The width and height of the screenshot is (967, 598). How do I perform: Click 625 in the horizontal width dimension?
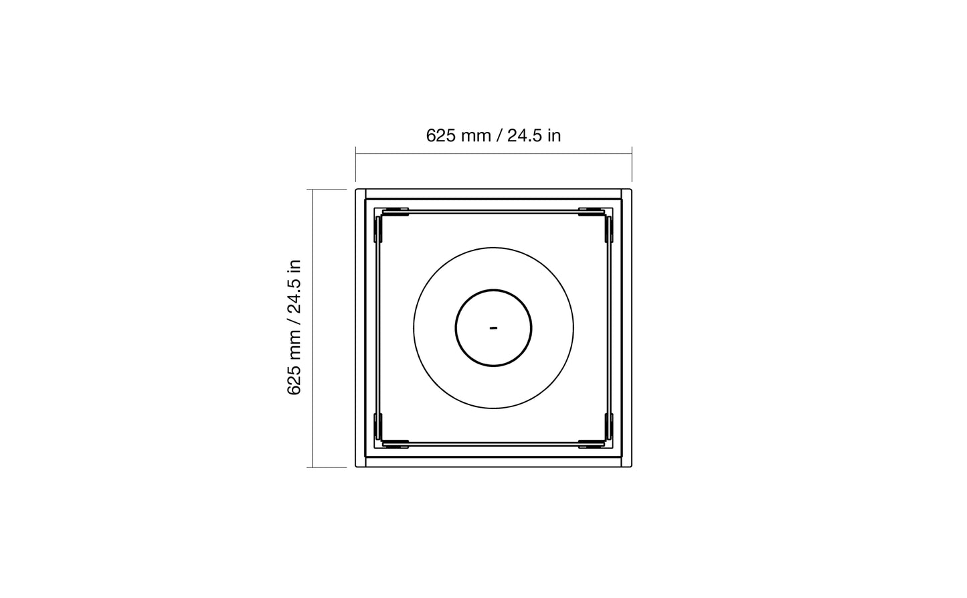441,136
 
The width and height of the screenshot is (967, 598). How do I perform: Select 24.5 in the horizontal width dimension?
525,136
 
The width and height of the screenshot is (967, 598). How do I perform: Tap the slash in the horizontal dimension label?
499,136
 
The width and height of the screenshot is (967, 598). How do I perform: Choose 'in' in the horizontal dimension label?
554,136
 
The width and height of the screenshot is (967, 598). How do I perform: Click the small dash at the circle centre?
494,327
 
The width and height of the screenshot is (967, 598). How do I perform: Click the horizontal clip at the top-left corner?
395,212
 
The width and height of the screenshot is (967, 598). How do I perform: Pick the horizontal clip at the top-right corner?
592,212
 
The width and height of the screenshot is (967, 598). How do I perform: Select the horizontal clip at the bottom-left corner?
395,443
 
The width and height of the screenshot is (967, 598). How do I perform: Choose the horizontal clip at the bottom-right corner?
592,443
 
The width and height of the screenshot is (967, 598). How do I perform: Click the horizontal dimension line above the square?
494,154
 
